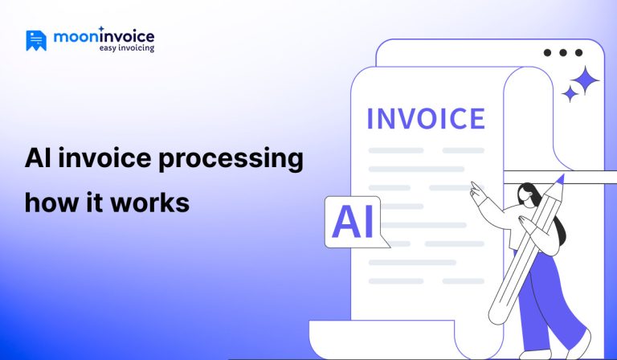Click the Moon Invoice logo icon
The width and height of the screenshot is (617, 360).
[36, 40]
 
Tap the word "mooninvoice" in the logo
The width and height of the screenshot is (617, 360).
[104, 36]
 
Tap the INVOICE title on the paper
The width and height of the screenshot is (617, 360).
[425, 117]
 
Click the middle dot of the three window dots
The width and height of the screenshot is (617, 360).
[562, 53]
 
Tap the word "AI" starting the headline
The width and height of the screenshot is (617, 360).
[38, 158]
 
